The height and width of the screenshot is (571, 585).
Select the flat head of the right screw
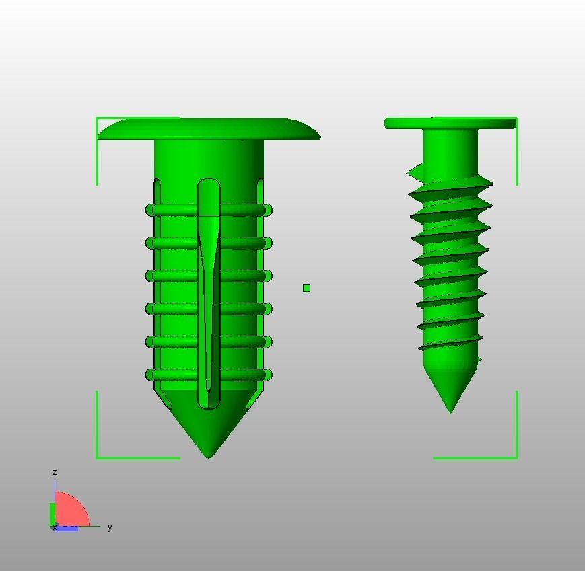450,123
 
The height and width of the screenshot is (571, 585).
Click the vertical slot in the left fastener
209,296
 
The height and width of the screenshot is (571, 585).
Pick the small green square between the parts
307,288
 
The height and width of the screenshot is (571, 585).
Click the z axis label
55,472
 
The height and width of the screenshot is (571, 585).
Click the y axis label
110,527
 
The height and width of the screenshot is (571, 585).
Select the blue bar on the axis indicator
66,529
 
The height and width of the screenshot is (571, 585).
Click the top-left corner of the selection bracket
98,118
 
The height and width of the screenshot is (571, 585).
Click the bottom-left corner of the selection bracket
98,458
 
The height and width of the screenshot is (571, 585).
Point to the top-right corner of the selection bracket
516,118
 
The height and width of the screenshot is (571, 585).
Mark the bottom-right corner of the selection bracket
516,458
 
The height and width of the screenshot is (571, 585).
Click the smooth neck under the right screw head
450,148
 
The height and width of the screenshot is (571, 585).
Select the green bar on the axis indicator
52,515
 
